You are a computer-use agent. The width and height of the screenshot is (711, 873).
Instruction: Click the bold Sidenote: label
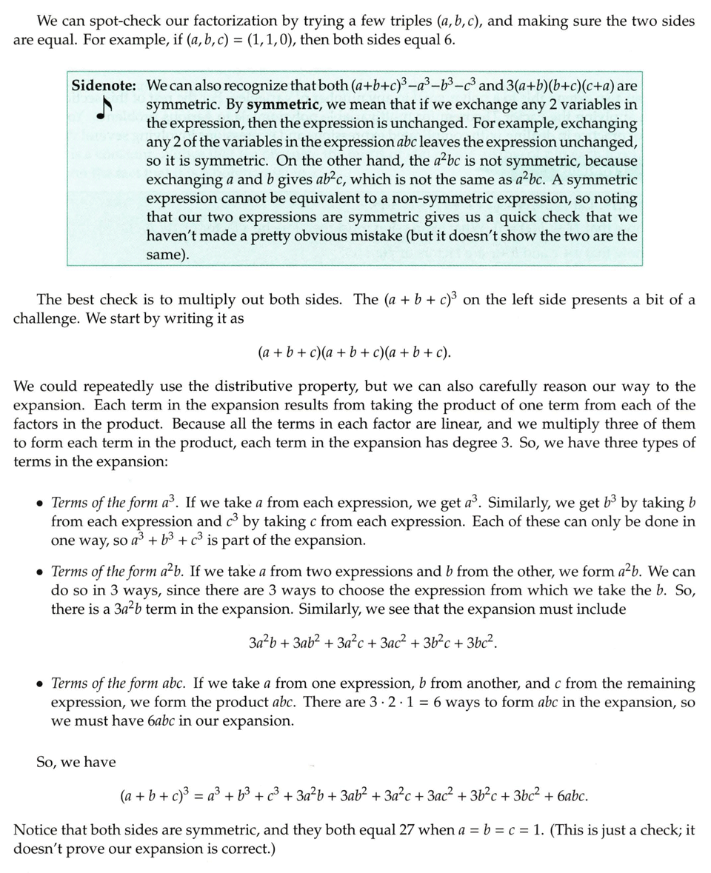104,85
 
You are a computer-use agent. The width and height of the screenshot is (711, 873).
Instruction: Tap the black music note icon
104,108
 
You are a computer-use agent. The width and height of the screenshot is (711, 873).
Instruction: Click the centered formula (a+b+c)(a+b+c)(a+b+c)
355,352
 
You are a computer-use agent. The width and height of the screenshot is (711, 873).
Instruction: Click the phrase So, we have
76,761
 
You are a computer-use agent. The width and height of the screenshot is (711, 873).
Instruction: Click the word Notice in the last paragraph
35,830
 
